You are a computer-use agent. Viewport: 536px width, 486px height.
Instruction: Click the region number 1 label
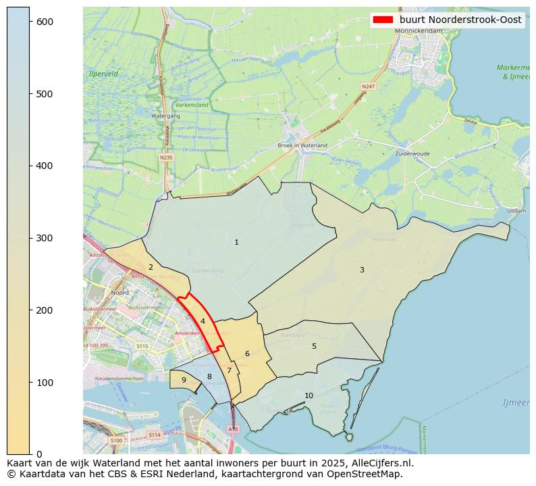point(236,242)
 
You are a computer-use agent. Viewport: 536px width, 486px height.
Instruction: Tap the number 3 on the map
point(362,270)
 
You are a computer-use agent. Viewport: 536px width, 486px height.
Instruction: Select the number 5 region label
point(314,346)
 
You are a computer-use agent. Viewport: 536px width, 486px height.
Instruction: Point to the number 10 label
point(309,395)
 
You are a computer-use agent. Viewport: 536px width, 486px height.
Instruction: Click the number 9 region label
point(184,380)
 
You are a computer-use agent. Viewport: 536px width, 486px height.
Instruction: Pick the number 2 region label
point(151,267)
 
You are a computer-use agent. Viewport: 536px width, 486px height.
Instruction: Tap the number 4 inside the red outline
point(203,321)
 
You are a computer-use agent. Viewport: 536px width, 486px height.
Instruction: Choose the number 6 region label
point(247,354)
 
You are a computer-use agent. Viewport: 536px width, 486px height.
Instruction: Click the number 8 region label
point(209,376)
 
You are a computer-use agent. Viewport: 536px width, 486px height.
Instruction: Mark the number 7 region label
point(229,370)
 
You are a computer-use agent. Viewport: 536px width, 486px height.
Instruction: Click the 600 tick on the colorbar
point(45,22)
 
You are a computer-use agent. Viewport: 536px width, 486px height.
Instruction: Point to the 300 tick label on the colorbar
point(45,238)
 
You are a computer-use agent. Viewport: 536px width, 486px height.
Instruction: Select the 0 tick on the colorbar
point(39,454)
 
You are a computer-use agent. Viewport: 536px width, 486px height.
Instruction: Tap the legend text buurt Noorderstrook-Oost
point(460,20)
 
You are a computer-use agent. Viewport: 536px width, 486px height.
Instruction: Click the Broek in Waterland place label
point(302,145)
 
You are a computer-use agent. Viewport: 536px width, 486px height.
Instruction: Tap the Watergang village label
point(165,116)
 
